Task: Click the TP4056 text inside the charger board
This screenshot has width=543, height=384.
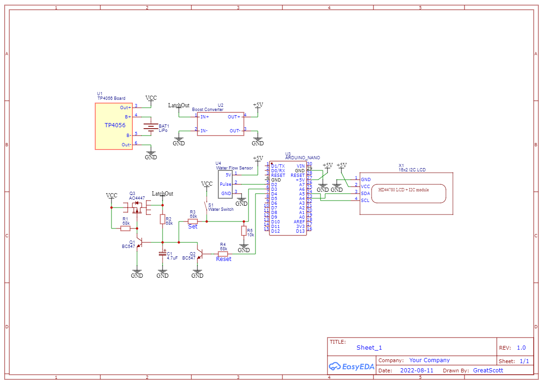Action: [115, 125]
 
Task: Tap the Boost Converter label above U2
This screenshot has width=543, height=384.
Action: [208, 110]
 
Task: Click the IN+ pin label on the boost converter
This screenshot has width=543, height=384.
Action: [204, 117]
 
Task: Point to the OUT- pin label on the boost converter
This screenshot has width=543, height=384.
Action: [235, 131]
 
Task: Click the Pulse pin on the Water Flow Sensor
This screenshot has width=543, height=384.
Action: [225, 184]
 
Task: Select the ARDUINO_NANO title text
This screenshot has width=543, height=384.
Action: [302, 158]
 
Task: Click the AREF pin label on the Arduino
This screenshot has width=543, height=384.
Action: [300, 222]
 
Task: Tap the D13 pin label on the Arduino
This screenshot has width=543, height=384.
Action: [300, 231]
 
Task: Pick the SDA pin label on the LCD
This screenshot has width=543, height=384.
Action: [366, 193]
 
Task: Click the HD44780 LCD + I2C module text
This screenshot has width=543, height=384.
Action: [403, 190]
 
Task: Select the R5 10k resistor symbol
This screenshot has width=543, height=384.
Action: [244, 231]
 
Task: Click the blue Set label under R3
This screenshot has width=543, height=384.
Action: [193, 227]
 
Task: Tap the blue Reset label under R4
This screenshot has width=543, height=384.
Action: [223, 259]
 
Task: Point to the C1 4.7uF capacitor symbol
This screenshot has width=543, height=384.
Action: [163, 254]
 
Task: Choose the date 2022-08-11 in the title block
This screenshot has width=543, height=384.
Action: [416, 371]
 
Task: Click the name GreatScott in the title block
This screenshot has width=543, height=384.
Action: [488, 371]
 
